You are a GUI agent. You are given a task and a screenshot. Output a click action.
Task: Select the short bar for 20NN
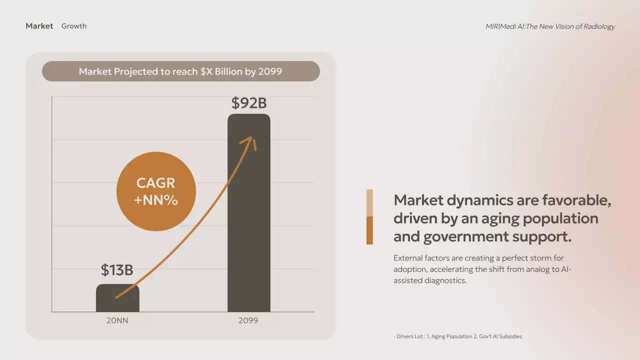point(117,300)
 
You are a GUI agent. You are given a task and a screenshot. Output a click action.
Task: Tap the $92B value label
point(249,103)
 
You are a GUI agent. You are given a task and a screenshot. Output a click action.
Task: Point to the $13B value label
point(117,270)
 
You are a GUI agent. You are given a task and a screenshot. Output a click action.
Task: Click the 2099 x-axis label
point(248,320)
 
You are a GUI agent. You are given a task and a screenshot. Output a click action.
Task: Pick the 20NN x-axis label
point(117,320)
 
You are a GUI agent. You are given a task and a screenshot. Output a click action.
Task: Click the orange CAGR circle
point(156,191)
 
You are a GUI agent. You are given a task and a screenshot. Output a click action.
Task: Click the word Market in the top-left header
point(39,26)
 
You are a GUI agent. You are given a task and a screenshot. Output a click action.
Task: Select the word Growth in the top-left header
point(74,26)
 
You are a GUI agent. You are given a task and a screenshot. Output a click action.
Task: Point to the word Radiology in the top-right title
point(598,26)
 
